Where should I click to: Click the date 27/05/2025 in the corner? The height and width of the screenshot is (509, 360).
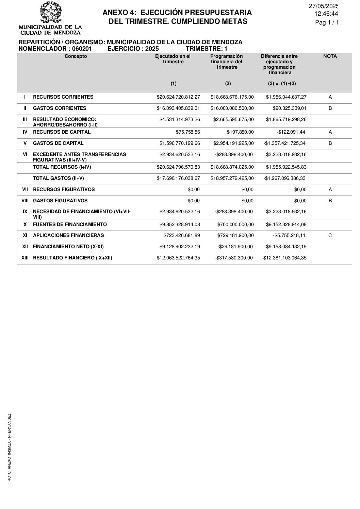324,6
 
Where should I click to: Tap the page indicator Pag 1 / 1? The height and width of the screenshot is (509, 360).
327,23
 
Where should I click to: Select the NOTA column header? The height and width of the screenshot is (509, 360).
330,56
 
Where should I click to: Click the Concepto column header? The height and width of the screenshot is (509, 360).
76,56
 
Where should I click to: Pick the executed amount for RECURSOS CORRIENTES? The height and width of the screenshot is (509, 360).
178,97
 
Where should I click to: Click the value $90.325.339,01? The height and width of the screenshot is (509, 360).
290,108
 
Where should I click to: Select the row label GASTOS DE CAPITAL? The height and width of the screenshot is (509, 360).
58,143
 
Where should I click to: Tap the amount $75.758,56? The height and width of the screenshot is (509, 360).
188,132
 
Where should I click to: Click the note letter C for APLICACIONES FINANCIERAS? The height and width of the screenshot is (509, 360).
330,235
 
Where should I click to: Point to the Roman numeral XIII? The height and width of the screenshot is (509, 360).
25,258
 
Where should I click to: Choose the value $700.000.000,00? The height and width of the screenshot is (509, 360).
235,224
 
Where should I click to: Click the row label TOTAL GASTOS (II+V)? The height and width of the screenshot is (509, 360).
58,178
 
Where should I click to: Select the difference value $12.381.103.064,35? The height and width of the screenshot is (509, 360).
285,258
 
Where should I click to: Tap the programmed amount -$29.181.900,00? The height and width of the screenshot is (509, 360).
235,247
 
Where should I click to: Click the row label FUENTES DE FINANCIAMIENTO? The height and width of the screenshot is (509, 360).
70,224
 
